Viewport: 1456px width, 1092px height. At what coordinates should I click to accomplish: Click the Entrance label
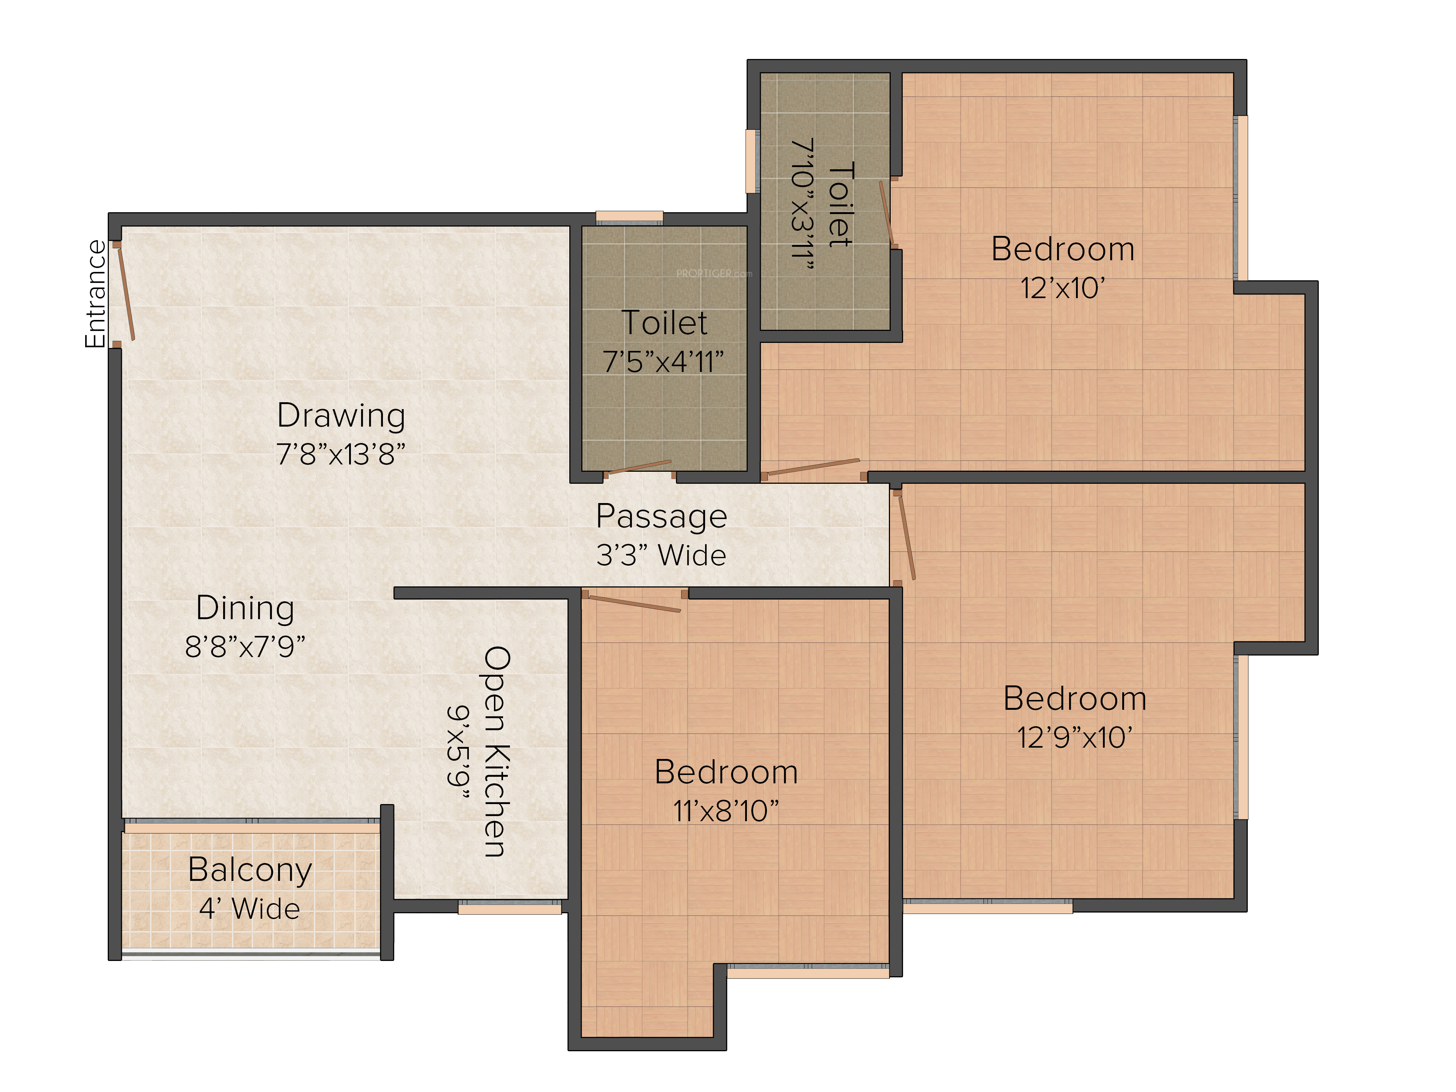pos(95,294)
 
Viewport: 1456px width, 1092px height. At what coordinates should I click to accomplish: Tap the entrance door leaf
pos(126,294)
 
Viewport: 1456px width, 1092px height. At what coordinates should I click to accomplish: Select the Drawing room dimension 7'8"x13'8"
pos(341,454)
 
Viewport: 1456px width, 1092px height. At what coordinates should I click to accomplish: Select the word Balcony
pos(250,870)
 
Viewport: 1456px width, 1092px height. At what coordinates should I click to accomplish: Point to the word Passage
pos(661,517)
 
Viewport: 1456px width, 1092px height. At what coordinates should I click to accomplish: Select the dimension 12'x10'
pos(1063,288)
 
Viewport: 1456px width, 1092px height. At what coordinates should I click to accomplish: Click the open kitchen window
pos(510,908)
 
